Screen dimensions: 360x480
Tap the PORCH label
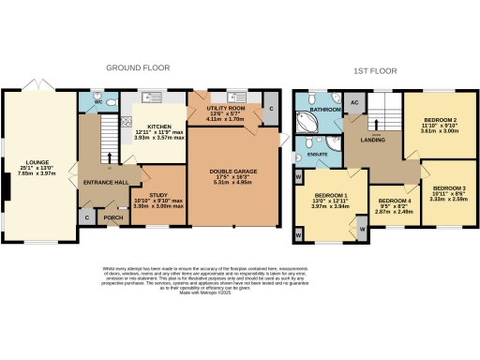pyautogui.click(x=112, y=218)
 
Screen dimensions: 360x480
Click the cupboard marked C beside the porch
pyautogui.click(x=87, y=217)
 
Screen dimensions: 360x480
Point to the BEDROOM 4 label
pyautogui.click(x=394, y=202)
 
